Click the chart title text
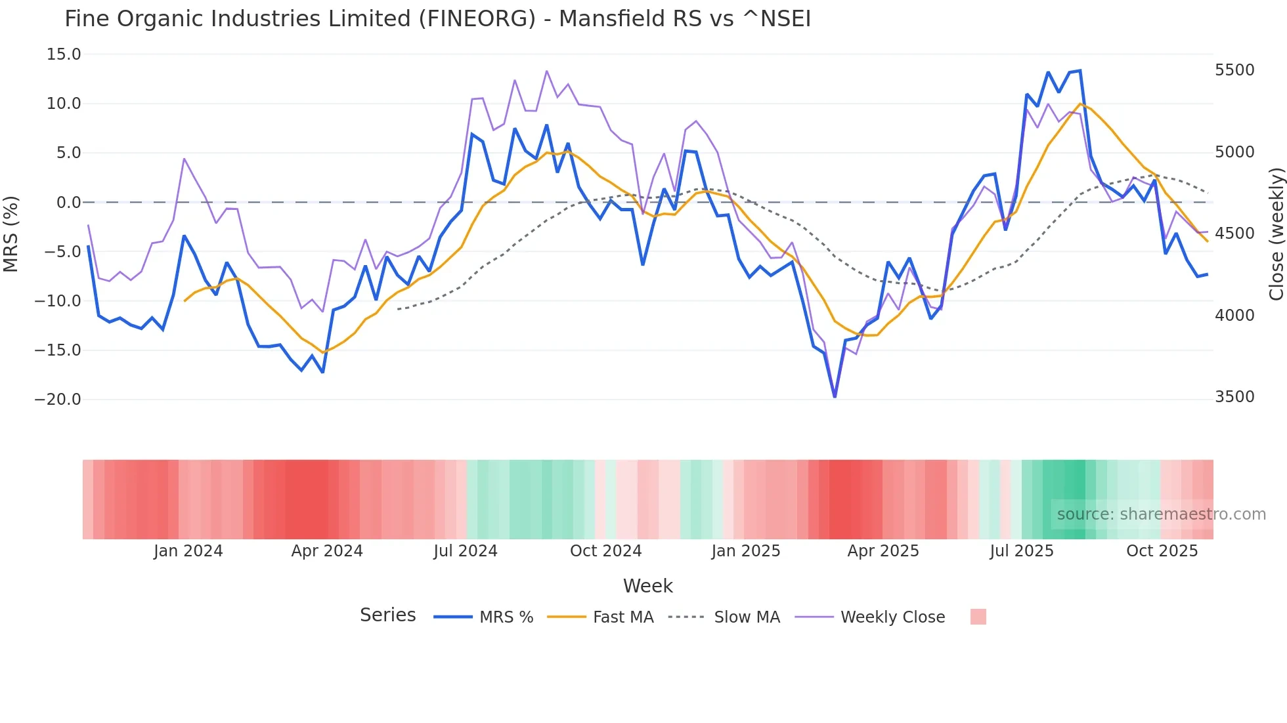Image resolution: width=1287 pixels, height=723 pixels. pyautogui.click(x=437, y=19)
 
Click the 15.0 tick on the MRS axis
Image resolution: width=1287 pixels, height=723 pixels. pyautogui.click(x=64, y=54)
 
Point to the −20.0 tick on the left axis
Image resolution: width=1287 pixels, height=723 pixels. pyautogui.click(x=58, y=400)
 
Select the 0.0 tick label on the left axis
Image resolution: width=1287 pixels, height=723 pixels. pyautogui.click(x=68, y=203)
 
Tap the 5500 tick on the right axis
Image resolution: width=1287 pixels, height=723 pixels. pyautogui.click(x=1234, y=70)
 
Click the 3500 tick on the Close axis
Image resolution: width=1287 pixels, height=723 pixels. pyautogui.click(x=1234, y=397)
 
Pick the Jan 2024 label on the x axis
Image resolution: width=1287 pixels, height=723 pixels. pyautogui.click(x=188, y=551)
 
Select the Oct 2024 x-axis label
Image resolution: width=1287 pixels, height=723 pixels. pyautogui.click(x=605, y=551)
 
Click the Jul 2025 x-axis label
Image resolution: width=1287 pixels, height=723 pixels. pyautogui.click(x=1021, y=551)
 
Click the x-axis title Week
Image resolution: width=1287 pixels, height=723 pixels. pyautogui.click(x=647, y=586)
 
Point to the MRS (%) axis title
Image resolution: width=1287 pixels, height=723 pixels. pyautogui.click(x=11, y=234)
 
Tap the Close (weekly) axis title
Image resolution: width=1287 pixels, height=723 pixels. pyautogui.click(x=1276, y=234)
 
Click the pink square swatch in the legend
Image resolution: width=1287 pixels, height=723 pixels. pyautogui.click(x=978, y=617)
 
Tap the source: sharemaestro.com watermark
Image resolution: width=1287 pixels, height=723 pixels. pyautogui.click(x=1161, y=514)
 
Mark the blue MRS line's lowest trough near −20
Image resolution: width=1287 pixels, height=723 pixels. pyautogui.click(x=835, y=396)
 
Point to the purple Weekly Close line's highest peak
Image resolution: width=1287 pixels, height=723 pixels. pyautogui.click(x=546, y=71)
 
